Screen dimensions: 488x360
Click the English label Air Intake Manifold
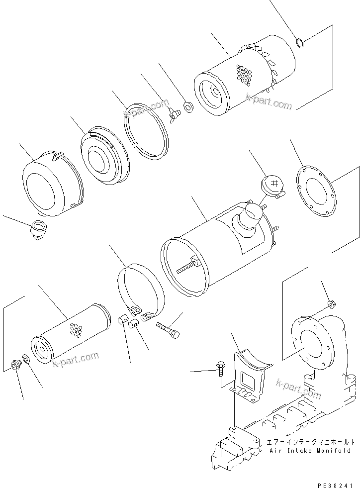coord(310,451)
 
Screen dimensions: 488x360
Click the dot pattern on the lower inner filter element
coord(76,330)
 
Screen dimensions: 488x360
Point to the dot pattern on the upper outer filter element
coord(244,76)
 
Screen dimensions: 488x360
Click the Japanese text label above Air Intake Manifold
coord(311,441)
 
